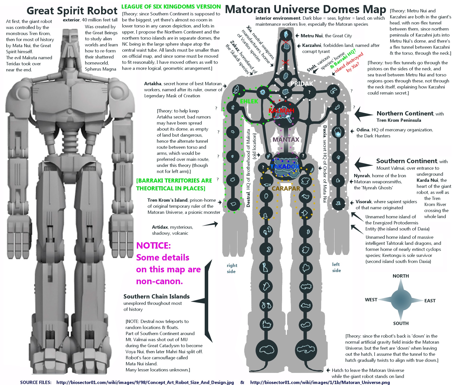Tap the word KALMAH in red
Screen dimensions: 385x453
click(281, 111)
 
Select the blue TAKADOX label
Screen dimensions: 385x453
click(285, 167)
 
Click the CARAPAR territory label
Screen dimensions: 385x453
click(286, 189)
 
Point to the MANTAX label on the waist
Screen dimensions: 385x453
click(286, 140)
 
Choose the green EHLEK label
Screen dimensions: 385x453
click(249, 101)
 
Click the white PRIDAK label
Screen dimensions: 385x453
click(302, 84)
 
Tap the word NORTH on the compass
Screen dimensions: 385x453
click(401, 276)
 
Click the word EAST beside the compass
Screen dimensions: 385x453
click(430, 301)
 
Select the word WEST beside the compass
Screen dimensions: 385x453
click(371, 300)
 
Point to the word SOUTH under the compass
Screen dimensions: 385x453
click(401, 323)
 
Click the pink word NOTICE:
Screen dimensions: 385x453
click(153, 246)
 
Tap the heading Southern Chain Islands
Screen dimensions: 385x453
click(156, 297)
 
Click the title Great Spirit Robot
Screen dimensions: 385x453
click(72, 11)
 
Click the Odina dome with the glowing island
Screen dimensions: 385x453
click(338, 132)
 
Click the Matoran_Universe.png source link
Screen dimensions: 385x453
click(320, 382)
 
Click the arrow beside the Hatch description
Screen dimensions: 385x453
click(328, 370)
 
